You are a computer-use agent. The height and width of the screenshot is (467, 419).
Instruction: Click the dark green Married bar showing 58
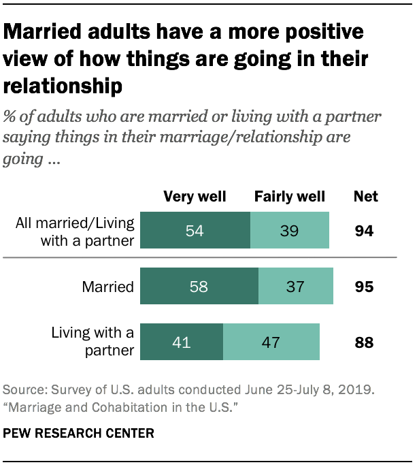[x=199, y=286]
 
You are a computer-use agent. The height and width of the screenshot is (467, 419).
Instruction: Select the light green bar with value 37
[x=296, y=286]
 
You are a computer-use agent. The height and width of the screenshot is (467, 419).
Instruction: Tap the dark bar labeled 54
[x=195, y=231]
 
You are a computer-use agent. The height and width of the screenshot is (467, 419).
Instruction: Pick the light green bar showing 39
[x=290, y=231]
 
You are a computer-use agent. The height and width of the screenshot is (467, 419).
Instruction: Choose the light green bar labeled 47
[x=271, y=341]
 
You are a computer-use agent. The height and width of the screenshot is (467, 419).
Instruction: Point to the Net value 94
[x=365, y=232]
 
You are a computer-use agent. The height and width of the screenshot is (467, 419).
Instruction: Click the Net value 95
[x=365, y=287]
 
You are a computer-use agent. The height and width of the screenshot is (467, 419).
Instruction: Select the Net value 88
[x=365, y=342]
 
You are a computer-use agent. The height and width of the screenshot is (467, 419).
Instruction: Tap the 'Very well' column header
[x=195, y=197]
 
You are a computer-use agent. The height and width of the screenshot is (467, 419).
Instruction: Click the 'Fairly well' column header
[x=290, y=197]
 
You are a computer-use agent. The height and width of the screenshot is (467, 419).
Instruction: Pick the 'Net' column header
[x=366, y=197]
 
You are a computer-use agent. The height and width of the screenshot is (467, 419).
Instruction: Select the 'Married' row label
[x=107, y=287]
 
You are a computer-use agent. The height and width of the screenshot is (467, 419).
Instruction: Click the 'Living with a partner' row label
[x=93, y=342]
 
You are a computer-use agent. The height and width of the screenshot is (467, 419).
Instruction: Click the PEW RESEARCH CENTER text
[x=79, y=433]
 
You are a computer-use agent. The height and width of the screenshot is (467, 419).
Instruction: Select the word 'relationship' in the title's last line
[x=63, y=86]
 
